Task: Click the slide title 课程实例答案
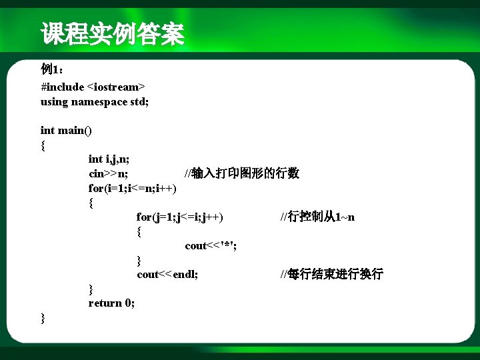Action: pyautogui.click(x=112, y=34)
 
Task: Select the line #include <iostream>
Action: pyautogui.click(x=93, y=87)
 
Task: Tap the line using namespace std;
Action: pyautogui.click(x=95, y=101)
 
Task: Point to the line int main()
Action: pyautogui.click(x=67, y=130)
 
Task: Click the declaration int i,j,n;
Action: pyautogui.click(x=109, y=159)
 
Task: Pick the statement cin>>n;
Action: pyautogui.click(x=109, y=173)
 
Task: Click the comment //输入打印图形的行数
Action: pyautogui.click(x=242, y=173)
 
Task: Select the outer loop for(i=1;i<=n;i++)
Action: pyautogui.click(x=133, y=188)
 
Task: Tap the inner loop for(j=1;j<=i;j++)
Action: pyautogui.click(x=180, y=217)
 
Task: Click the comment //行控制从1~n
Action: pyautogui.click(x=317, y=217)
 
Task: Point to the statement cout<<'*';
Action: pyautogui.click(x=211, y=245)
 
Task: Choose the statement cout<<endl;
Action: pyautogui.click(x=167, y=274)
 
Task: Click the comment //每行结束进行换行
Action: pyautogui.click(x=331, y=274)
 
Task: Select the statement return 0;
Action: pyautogui.click(x=111, y=303)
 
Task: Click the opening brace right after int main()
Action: pyautogui.click(x=43, y=145)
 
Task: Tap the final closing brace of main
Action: pyautogui.click(x=43, y=318)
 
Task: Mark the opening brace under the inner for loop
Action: pyautogui.click(x=139, y=231)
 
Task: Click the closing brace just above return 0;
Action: pyautogui.click(x=91, y=289)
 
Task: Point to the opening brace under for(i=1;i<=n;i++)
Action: pyautogui.click(x=91, y=203)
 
